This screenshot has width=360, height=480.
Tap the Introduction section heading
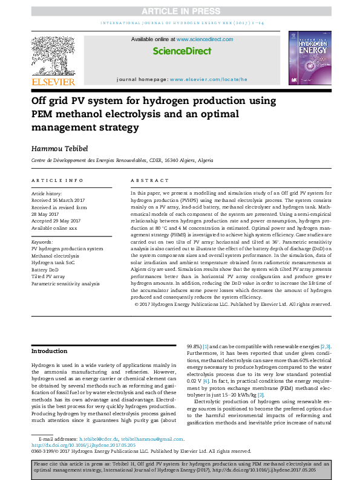(x=50, y=351)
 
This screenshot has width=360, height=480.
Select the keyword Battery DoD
(x=47, y=270)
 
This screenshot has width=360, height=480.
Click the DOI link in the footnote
(x=75, y=445)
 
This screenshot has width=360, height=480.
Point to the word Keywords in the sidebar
(x=42, y=241)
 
